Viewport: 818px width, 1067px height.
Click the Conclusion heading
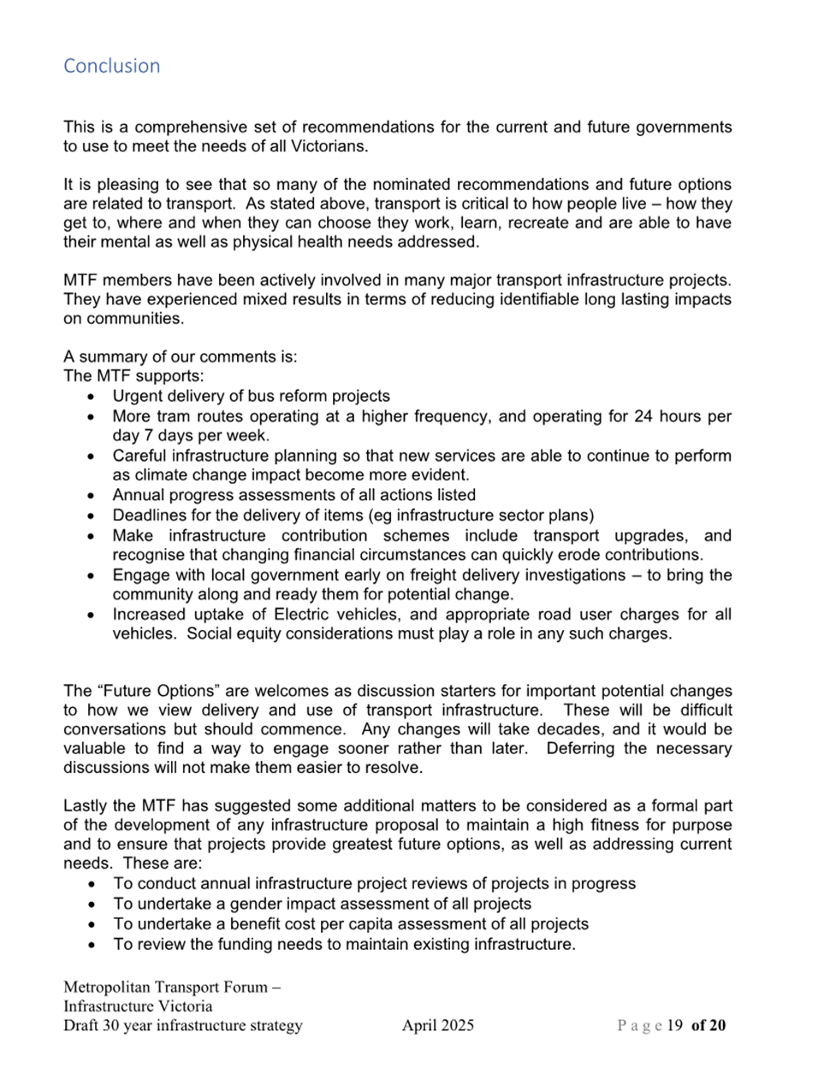pyautogui.click(x=111, y=66)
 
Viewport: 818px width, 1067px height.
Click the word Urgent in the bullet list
pyautogui.click(x=137, y=397)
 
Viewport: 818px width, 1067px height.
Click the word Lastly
pyautogui.click(x=86, y=806)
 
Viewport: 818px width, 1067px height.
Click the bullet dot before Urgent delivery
pyautogui.click(x=92, y=398)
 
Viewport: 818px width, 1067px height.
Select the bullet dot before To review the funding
pyautogui.click(x=92, y=946)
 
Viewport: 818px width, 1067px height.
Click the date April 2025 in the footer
pyautogui.click(x=438, y=1026)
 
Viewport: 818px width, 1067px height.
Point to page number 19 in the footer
pyautogui.click(x=674, y=1026)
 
